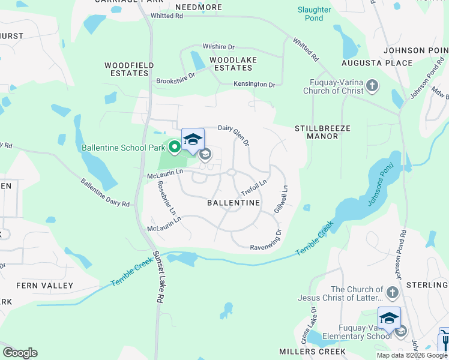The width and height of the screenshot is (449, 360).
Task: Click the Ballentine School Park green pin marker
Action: (175, 146)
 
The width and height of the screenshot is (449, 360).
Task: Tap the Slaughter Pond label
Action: (314, 14)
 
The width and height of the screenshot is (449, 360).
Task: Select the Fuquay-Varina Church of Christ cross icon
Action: (372, 86)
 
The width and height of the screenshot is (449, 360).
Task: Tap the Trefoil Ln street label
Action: (253, 186)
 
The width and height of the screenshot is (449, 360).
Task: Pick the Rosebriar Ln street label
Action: (167, 197)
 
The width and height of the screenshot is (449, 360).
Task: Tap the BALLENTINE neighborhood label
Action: (234, 203)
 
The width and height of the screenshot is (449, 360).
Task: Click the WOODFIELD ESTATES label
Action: (129, 69)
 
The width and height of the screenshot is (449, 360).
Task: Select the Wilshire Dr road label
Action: (218, 46)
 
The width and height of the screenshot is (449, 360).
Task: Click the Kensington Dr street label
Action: (254, 85)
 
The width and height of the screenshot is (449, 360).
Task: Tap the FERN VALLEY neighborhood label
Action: (44, 286)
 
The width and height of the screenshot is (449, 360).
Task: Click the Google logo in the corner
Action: (20, 353)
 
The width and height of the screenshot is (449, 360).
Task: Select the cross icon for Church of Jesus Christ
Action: (392, 293)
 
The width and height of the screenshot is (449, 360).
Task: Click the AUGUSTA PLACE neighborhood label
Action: (377, 63)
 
